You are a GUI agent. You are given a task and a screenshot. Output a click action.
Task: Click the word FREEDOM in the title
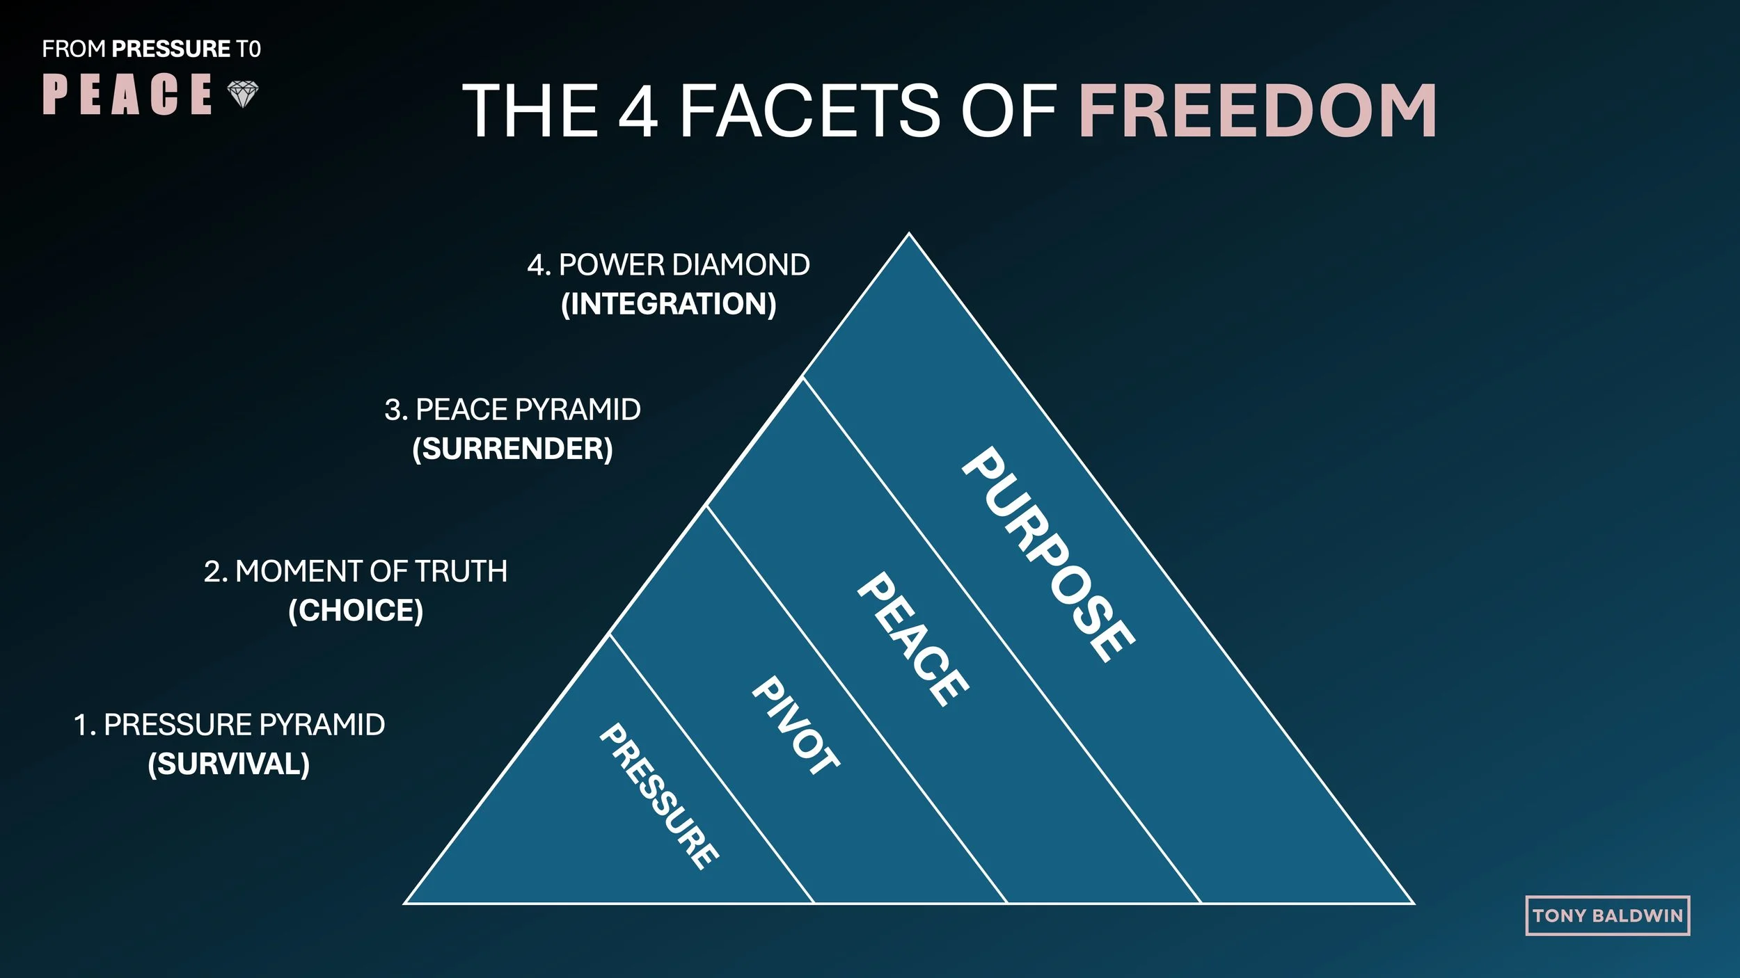click(x=1257, y=111)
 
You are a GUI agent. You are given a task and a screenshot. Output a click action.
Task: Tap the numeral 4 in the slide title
click(x=638, y=111)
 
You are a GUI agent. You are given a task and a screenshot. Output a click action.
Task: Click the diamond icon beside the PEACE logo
click(x=243, y=94)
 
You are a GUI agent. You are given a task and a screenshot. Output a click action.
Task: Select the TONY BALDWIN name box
click(x=1607, y=915)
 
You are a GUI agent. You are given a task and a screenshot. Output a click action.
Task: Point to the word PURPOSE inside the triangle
click(x=1047, y=554)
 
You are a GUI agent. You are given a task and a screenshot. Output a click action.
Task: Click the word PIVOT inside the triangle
click(x=796, y=726)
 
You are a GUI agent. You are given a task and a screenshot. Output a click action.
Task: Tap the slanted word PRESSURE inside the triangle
click(x=659, y=796)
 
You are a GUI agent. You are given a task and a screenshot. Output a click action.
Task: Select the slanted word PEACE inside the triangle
click(x=912, y=639)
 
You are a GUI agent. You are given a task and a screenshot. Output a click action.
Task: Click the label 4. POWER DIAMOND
click(x=668, y=265)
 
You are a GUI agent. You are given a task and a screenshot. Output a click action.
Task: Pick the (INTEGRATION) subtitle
click(x=668, y=304)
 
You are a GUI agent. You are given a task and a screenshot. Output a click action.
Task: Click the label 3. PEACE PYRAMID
click(x=512, y=410)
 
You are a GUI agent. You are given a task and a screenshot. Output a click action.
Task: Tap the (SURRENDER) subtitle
click(x=512, y=449)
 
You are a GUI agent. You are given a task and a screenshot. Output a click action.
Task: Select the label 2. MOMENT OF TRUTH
click(x=356, y=571)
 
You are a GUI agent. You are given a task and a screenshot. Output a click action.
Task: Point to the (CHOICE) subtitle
click(x=356, y=610)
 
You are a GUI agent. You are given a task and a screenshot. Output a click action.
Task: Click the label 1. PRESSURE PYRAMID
click(x=229, y=725)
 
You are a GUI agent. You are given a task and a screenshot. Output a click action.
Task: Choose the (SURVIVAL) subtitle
click(x=229, y=764)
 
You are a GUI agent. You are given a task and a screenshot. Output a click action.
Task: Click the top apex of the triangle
click(x=908, y=235)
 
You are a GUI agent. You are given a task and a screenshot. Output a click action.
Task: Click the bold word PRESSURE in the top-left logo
click(x=171, y=49)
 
